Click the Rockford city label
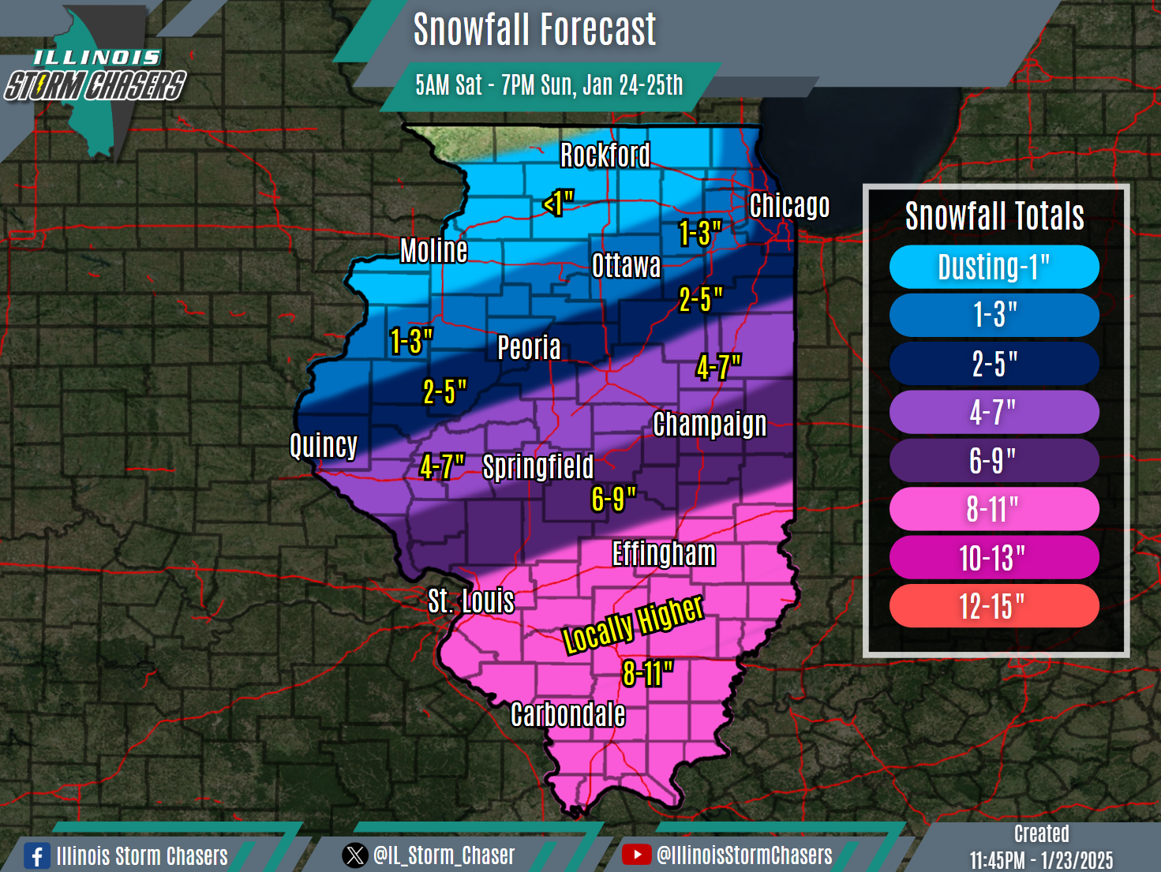(605, 155)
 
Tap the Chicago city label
(789, 206)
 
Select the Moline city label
(434, 251)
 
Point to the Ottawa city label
(627, 266)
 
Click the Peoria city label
(529, 347)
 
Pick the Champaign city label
(710, 424)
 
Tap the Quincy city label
(324, 446)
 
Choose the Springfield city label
(538, 467)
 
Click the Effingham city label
(664, 554)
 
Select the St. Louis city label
(471, 601)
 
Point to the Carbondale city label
(567, 715)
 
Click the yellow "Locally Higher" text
(632, 623)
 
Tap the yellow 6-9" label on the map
(613, 499)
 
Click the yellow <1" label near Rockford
(558, 203)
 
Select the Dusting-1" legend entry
(994, 268)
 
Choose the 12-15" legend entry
(994, 606)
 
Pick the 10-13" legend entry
(994, 558)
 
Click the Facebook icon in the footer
(36, 856)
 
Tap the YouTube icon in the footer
(636, 855)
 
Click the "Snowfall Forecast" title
(534, 30)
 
